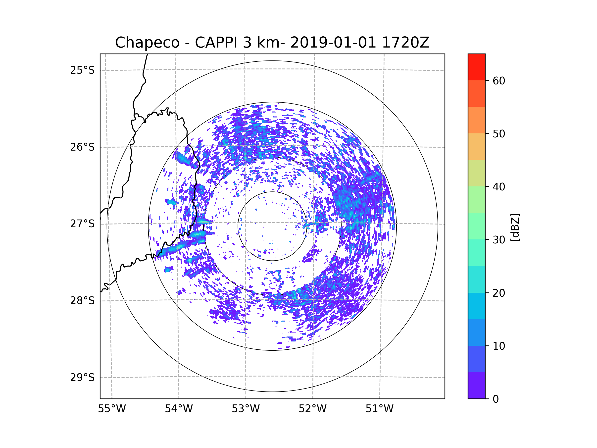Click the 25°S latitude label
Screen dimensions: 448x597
point(82,70)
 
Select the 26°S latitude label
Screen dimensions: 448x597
point(82,147)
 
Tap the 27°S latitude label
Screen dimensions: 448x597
point(82,224)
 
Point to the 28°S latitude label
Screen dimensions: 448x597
point(82,301)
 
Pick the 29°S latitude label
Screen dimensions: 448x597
point(82,378)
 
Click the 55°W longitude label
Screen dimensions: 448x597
point(112,409)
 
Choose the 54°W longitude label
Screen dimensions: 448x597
point(179,409)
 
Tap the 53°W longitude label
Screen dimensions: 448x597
point(246,409)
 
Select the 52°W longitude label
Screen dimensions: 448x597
point(312,409)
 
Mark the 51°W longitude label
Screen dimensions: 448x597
point(379,409)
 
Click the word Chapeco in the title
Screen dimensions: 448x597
point(147,43)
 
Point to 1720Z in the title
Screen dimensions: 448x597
point(405,43)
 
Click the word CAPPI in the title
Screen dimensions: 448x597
point(216,43)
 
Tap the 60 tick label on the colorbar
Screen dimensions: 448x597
point(499,81)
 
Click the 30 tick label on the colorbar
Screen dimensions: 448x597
point(499,240)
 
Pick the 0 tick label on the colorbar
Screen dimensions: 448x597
point(496,399)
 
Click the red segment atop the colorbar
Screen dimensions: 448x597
point(476,67)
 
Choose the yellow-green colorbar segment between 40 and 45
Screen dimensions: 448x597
point(476,173)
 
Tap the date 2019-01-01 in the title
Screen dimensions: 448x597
point(333,43)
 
